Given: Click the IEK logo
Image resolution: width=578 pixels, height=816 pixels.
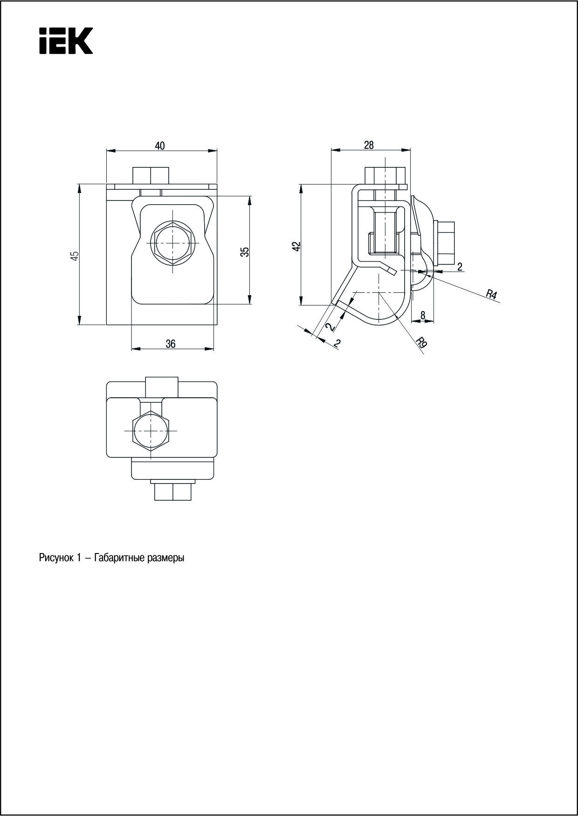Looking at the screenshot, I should [66, 41].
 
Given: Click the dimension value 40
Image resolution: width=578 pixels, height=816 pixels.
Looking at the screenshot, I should [159, 146].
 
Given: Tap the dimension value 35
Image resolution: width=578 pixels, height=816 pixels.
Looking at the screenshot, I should [246, 251].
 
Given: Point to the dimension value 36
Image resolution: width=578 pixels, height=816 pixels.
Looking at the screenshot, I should [171, 344].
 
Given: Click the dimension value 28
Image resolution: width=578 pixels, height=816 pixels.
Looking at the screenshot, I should [369, 145].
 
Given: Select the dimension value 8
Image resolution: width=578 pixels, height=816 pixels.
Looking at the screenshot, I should [423, 315].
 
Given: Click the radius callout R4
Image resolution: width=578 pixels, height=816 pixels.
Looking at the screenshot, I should [491, 294].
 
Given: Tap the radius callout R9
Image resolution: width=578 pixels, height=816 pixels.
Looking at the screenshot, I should [421, 343].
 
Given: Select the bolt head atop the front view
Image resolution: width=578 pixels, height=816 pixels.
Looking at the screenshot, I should [151, 175].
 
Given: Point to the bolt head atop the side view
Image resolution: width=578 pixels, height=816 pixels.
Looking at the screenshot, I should [385, 176].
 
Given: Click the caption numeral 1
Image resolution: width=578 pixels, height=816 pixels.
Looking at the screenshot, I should [80, 558].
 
